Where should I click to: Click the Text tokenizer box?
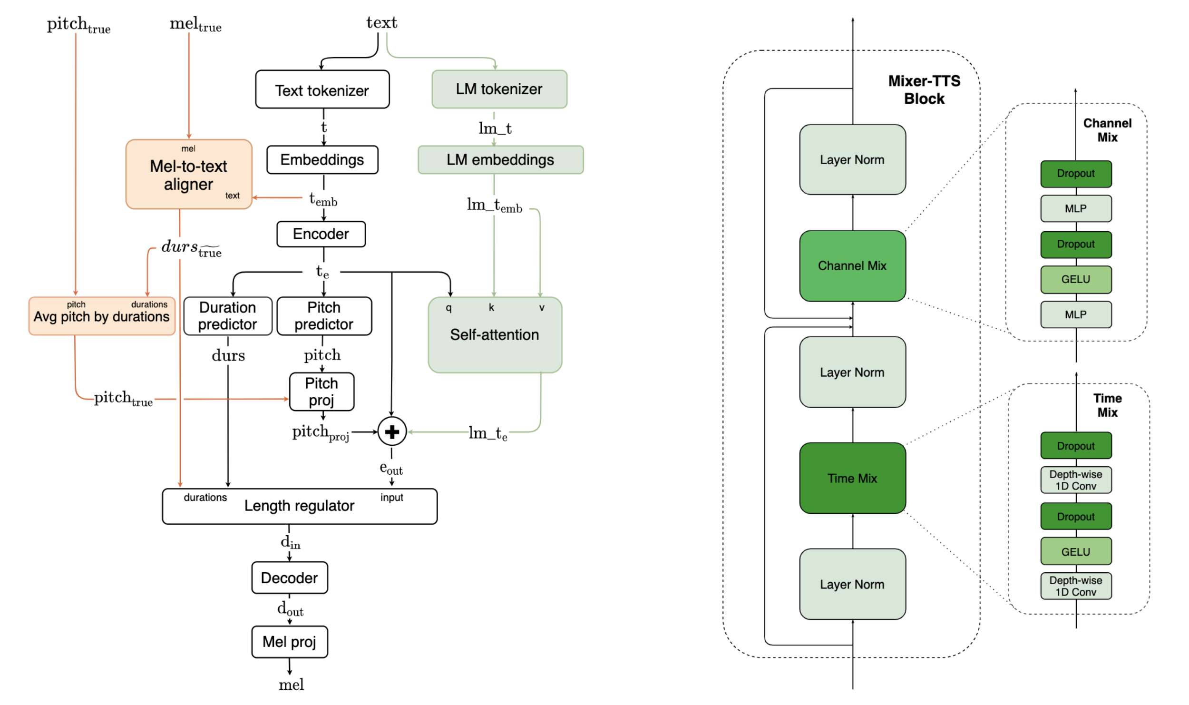[x=322, y=89]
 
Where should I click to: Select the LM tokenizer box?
[x=499, y=89]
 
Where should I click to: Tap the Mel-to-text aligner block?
[x=188, y=175]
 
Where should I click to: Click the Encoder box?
[x=321, y=234]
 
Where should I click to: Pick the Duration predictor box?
[x=227, y=316]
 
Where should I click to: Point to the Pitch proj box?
[x=322, y=392]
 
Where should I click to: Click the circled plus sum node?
[x=391, y=432]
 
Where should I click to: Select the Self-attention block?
[x=495, y=335]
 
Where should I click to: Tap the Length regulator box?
[x=299, y=506]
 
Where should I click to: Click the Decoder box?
[x=289, y=578]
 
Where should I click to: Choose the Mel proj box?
[x=289, y=642]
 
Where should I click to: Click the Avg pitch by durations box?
[x=101, y=316]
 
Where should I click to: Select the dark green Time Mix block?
[x=852, y=478]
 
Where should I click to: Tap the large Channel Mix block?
[x=852, y=266]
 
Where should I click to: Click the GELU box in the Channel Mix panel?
[x=1075, y=279]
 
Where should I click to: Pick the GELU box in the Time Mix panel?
[x=1075, y=552]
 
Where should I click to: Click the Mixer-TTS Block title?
[x=924, y=90]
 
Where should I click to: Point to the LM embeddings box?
[x=500, y=160]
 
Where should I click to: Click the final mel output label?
[x=291, y=685]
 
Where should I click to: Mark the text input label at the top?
[x=381, y=22]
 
